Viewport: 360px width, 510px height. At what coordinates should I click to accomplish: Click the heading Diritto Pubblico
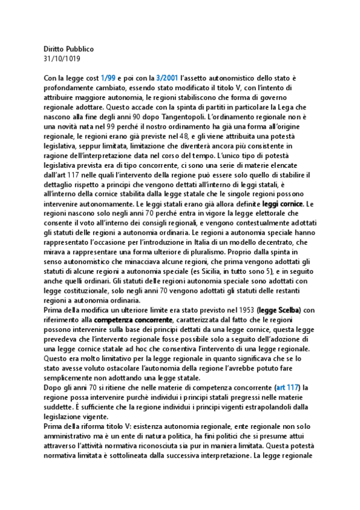69,49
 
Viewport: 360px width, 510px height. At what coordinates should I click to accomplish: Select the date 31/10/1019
62,58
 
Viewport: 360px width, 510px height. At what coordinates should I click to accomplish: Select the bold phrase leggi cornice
284,204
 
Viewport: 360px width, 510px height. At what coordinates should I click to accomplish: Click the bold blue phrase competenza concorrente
132,319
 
